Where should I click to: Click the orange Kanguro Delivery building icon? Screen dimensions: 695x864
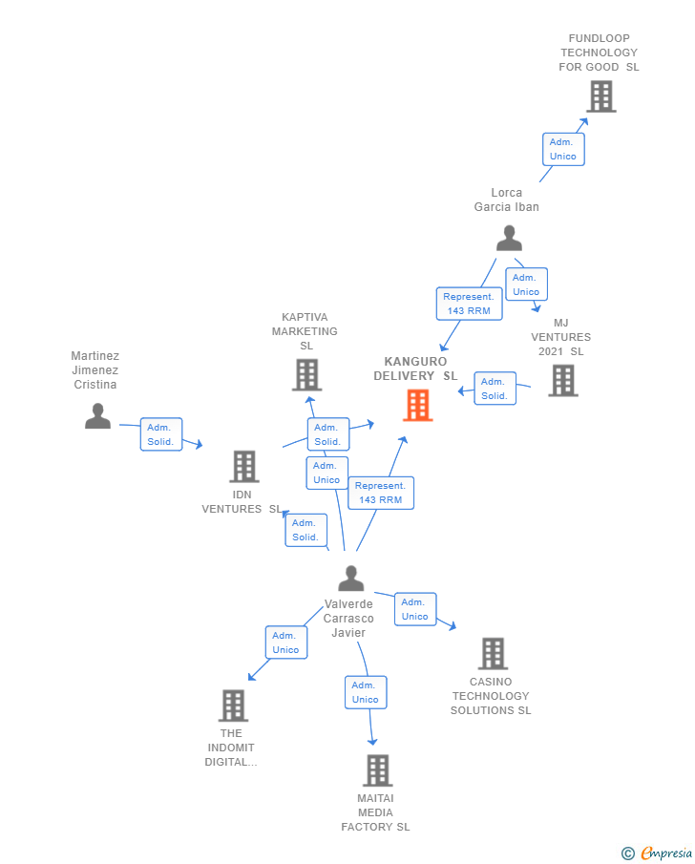[x=417, y=405]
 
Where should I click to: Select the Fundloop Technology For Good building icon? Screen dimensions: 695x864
[x=600, y=96]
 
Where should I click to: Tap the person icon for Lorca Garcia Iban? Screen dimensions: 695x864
[x=509, y=238]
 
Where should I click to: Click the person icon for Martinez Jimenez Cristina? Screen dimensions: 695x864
[x=97, y=416]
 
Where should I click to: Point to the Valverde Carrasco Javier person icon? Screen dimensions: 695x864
[x=351, y=578]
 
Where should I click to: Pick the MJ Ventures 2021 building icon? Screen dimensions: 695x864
[x=563, y=380]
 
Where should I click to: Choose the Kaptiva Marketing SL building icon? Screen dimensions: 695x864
[x=307, y=374]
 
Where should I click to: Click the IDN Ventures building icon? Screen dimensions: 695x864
[x=244, y=466]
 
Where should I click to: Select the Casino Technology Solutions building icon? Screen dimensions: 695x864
[x=493, y=654]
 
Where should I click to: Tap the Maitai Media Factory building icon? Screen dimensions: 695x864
[x=377, y=770]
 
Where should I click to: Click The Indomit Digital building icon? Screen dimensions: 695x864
[x=233, y=706]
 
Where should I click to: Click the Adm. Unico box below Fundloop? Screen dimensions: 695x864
[x=563, y=149]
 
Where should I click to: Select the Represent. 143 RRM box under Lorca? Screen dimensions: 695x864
[x=469, y=304]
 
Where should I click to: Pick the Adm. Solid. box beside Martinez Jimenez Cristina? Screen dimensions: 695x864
[x=161, y=434]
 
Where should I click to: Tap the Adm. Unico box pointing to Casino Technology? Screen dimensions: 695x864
[x=415, y=609]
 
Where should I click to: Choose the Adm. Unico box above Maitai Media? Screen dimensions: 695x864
[x=366, y=692]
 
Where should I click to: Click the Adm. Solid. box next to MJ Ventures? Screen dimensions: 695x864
[x=495, y=389]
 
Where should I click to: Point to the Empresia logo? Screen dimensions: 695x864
[x=657, y=853]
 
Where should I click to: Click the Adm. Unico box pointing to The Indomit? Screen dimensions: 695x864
[x=286, y=643]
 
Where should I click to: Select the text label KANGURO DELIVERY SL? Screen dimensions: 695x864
[x=415, y=369]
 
